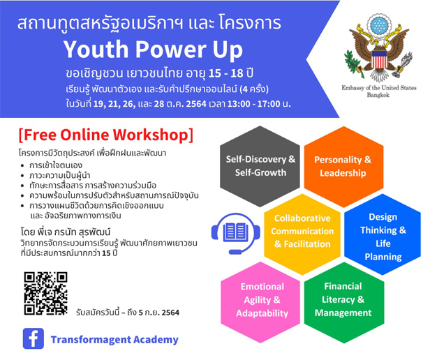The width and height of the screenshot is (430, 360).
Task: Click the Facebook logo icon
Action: [x=34, y=338]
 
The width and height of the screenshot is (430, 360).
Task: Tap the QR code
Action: [x=45, y=294]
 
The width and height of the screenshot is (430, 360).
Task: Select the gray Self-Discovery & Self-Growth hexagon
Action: [x=260, y=166]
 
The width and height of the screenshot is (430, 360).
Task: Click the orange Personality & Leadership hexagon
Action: [x=343, y=167]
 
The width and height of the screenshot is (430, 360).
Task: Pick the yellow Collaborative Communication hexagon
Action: [x=302, y=234]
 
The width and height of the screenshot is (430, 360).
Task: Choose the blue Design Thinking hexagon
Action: [x=383, y=234]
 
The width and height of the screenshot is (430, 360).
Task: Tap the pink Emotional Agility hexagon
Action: [x=260, y=302]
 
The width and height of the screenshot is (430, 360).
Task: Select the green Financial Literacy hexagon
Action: [x=344, y=302]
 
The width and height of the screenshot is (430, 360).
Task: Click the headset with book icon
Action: [x=235, y=234]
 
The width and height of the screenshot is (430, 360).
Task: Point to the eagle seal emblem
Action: [x=379, y=48]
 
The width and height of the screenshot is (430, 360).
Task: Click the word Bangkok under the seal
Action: [x=378, y=95]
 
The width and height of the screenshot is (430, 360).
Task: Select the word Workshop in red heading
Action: [x=150, y=135]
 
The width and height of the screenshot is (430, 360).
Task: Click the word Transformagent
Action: [x=87, y=340]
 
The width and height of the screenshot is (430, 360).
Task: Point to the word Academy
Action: [x=152, y=340]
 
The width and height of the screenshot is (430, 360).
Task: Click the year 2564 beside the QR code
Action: [x=170, y=313]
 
